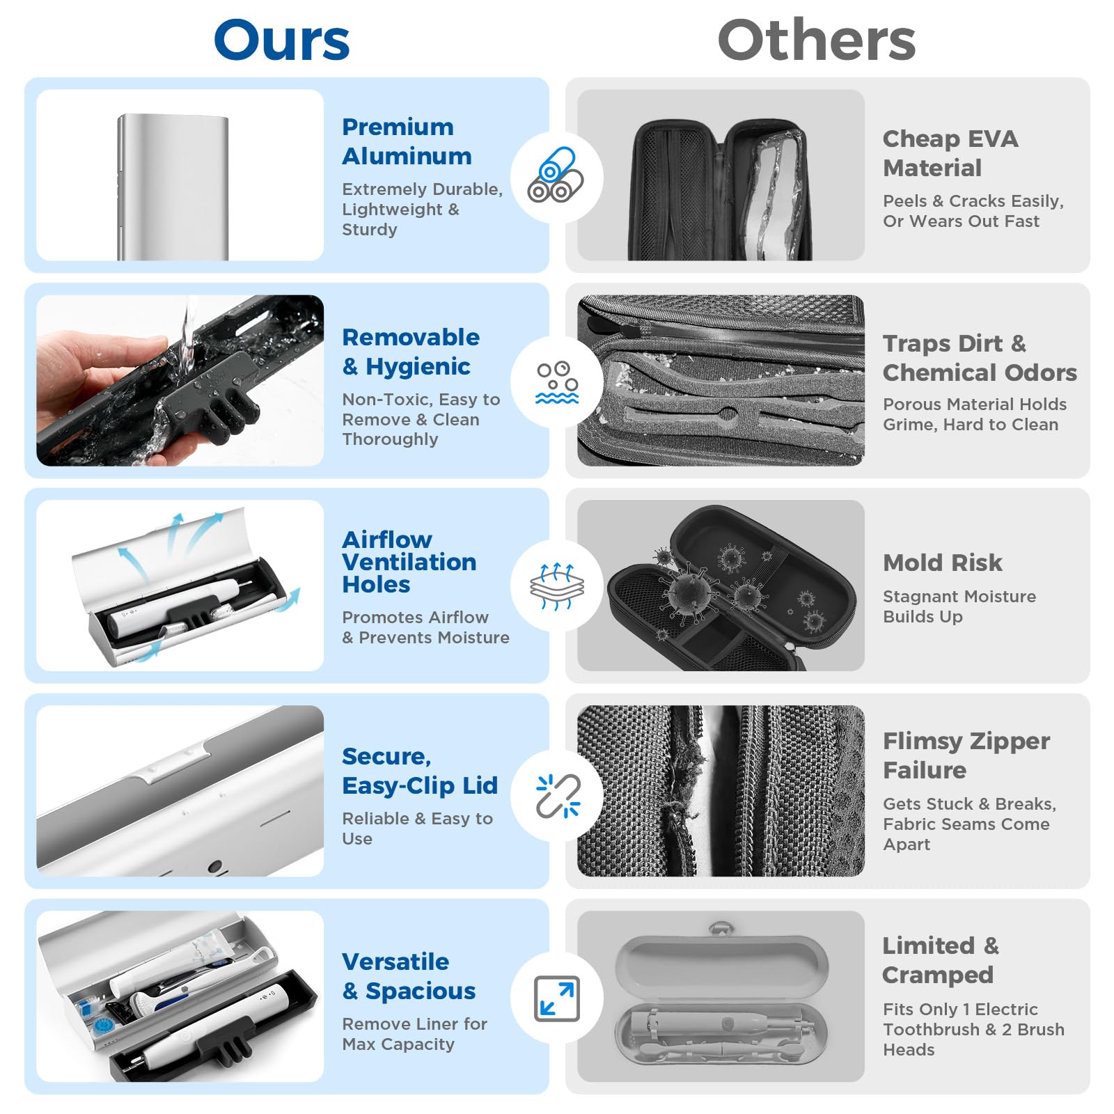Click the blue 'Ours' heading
tap(281, 40)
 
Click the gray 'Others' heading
tap(816, 40)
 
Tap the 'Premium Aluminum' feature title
tap(407, 141)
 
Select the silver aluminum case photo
tap(173, 187)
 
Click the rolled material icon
tap(555, 175)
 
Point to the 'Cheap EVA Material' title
tap(950, 153)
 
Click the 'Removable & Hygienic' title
tap(411, 352)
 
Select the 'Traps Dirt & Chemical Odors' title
tap(980, 358)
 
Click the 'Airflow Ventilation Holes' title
tap(409, 562)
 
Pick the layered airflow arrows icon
tap(557, 586)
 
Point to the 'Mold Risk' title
tap(943, 563)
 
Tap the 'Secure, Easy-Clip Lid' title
tap(420, 771)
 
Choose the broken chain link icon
tap(558, 796)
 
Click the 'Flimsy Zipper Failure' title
tap(966, 755)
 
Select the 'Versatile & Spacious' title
tap(409, 976)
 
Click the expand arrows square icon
tap(557, 998)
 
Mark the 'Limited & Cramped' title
tap(941, 960)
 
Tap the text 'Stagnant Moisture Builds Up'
tap(959, 606)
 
